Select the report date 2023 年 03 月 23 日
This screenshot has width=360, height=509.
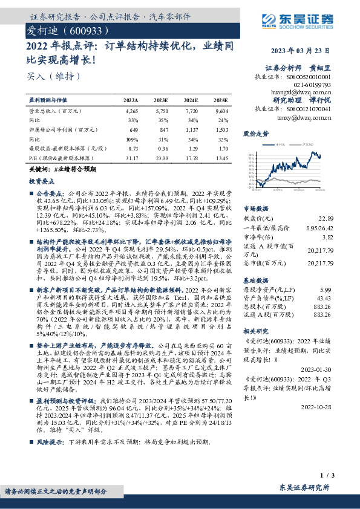pyautogui.click(x=306, y=51)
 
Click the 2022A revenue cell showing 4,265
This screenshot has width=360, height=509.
pyautogui.click(x=132, y=111)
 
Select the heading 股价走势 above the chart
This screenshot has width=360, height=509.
pyautogui.click(x=255, y=132)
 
